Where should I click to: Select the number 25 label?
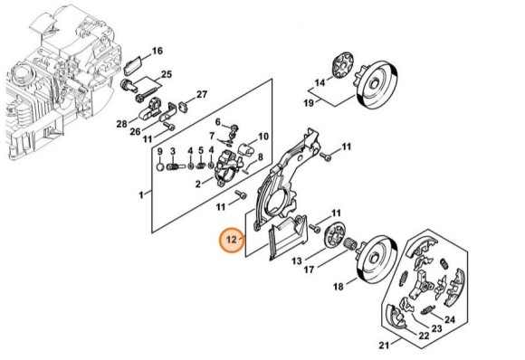click(x=167, y=74)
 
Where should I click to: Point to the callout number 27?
click(x=202, y=94)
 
